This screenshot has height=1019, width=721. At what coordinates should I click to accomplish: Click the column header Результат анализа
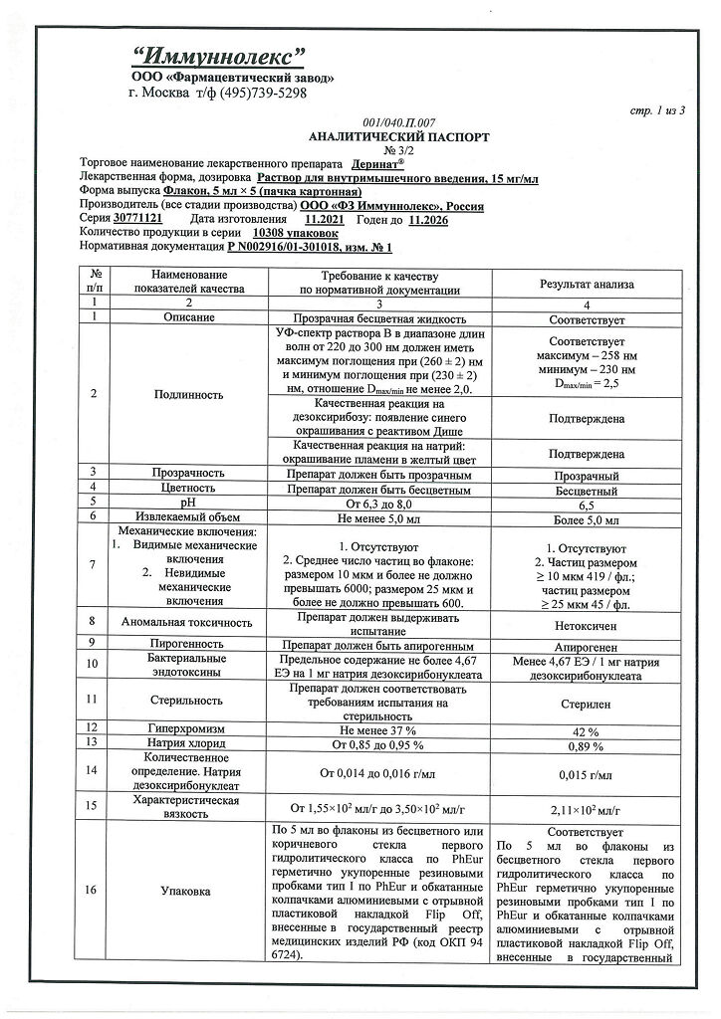coord(587,284)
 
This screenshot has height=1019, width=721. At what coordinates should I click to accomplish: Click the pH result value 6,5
coord(587,506)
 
